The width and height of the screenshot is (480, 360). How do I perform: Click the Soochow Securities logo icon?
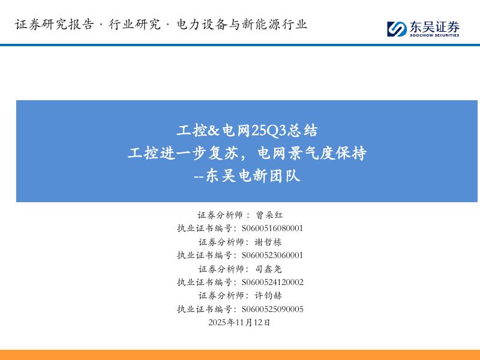tap(397, 28)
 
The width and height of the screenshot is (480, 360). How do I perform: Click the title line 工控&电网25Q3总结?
tap(247, 130)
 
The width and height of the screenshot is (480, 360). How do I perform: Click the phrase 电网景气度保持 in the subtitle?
tap(311, 153)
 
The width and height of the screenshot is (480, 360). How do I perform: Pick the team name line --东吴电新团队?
tap(247, 176)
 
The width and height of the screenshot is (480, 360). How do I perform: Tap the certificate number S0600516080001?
tap(272, 228)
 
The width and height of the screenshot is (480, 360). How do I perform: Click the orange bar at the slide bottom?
tap(240, 355)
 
